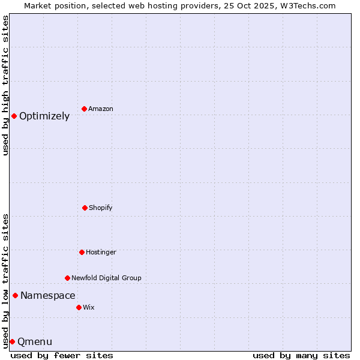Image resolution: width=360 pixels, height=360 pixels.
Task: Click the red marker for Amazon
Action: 84,109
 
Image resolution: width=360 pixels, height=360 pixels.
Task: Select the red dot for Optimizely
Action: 14,116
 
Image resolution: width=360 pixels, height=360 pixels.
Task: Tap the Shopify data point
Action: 85,208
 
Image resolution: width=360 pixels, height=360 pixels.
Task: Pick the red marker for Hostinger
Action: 82,252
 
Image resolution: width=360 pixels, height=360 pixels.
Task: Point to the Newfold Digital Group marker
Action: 67,278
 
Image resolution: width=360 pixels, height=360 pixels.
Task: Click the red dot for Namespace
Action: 15,295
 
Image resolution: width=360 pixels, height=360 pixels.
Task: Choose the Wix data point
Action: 79,307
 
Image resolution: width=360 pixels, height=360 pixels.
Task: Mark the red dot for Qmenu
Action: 12,341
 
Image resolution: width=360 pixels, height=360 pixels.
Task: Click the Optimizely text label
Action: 44,116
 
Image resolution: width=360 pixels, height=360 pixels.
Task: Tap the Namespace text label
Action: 48,295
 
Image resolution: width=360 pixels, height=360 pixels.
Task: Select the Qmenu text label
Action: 35,342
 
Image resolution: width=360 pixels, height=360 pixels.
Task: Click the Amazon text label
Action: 101,109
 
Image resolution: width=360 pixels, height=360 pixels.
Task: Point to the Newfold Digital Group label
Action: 106,278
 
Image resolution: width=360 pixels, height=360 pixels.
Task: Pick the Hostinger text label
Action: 101,252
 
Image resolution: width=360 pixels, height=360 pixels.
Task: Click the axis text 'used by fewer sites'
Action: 62,355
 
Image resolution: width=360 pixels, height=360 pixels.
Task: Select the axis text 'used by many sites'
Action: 301,355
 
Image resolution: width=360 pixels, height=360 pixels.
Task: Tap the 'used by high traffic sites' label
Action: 6,85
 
